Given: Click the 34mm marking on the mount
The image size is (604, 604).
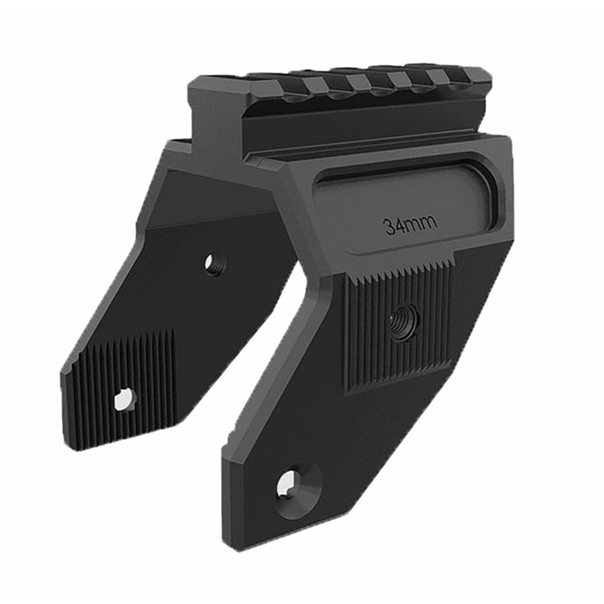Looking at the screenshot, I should [410, 225].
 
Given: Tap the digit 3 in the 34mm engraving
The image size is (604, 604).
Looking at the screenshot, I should [389, 227].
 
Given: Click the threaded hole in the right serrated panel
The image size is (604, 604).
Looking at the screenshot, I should [401, 322].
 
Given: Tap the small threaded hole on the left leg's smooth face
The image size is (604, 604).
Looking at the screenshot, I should [213, 263].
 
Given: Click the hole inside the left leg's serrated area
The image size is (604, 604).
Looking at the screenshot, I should [123, 399].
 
